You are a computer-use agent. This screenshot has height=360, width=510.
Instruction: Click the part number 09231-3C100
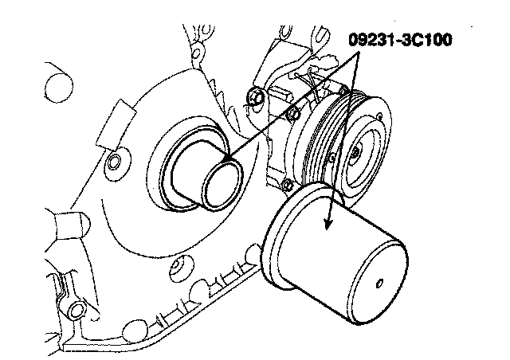pyautogui.click(x=399, y=38)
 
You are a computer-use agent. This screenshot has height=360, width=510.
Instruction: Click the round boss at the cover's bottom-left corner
pyautogui.click(x=77, y=307)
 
